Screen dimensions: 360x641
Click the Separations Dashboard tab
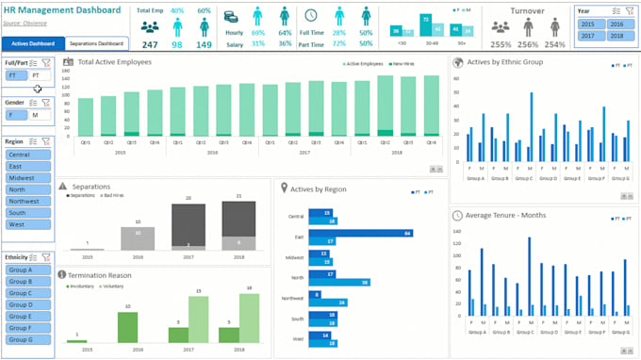[x=98, y=43]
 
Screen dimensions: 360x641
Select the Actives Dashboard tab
[x=33, y=43]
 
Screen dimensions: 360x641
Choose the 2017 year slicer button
[x=588, y=35]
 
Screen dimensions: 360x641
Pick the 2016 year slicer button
[x=616, y=24]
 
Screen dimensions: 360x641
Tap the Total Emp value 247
[x=150, y=44]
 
